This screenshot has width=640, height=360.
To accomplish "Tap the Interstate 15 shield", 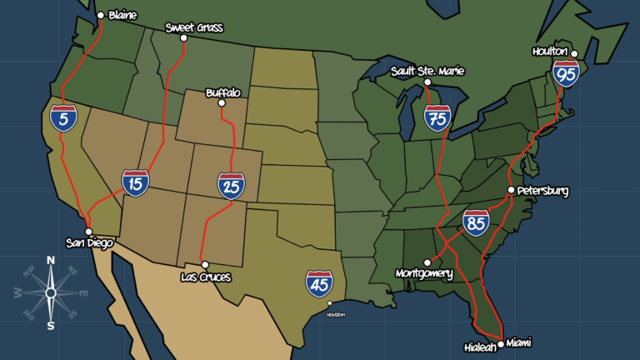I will [135, 182].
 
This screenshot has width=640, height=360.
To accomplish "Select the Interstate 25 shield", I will [231, 185].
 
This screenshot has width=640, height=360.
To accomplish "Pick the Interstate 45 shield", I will [319, 283].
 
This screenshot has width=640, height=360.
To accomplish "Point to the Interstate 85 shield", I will [476, 222].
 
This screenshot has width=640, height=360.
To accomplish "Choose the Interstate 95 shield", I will [567, 75].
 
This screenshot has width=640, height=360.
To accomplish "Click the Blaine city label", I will [122, 15].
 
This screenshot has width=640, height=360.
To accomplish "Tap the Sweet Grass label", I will [194, 27].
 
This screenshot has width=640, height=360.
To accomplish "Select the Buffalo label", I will [222, 92].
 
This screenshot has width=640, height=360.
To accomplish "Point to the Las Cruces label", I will [206, 276].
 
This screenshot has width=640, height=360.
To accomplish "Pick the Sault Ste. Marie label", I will [427, 72].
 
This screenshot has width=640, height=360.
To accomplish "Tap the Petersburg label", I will [542, 191].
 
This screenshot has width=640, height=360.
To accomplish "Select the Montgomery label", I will [424, 273].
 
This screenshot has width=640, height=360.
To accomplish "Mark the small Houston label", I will [335, 314].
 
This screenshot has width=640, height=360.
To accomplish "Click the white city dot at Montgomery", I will [427, 262].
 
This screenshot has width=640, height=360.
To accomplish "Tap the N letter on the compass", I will [50, 261].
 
